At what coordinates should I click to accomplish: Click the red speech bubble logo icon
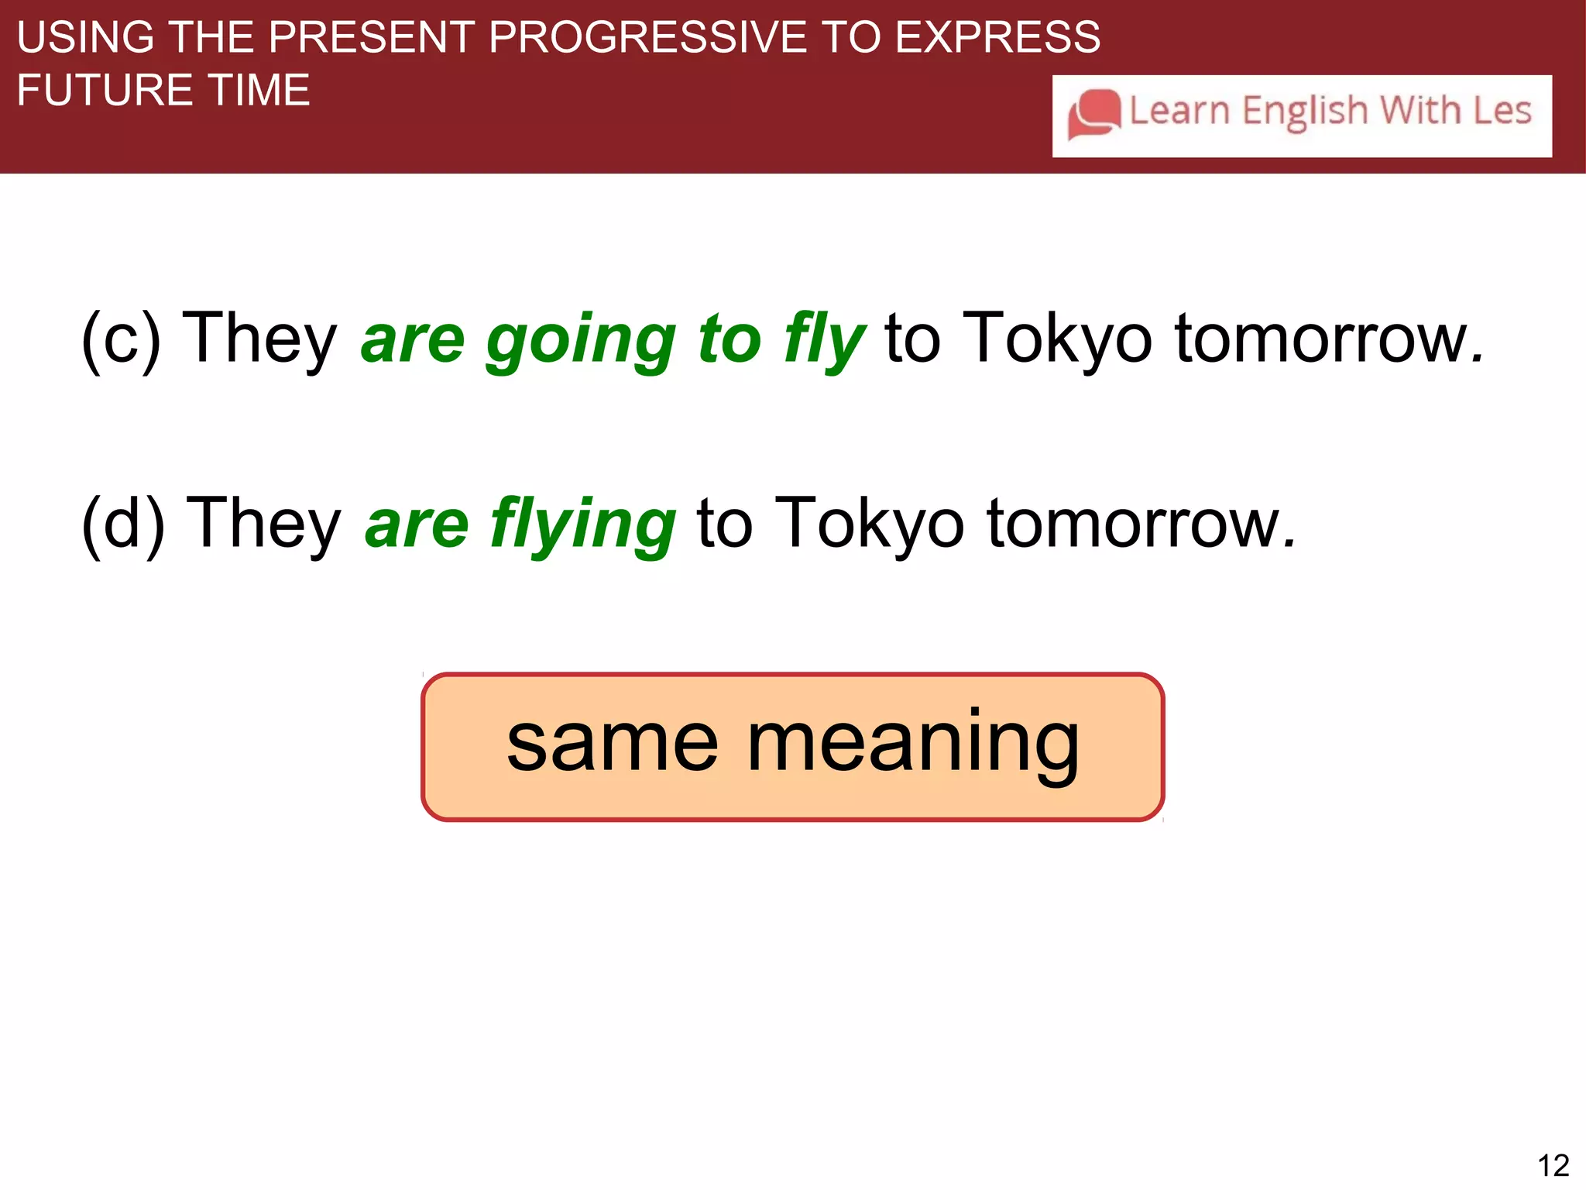pos(1093,115)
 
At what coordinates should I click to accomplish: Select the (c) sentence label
pos(122,338)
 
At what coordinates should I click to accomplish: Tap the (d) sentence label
pos(123,523)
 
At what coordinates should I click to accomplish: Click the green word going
pos(581,341)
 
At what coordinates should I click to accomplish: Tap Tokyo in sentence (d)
pos(869,523)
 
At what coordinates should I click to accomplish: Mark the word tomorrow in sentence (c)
pos(1329,338)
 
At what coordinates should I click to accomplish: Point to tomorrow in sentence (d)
pos(1141,523)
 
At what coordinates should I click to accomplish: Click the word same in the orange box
pos(613,744)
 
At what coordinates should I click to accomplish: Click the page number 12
pos(1553,1165)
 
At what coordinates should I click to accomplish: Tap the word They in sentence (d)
pos(264,523)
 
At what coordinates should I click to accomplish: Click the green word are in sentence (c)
pos(413,341)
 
